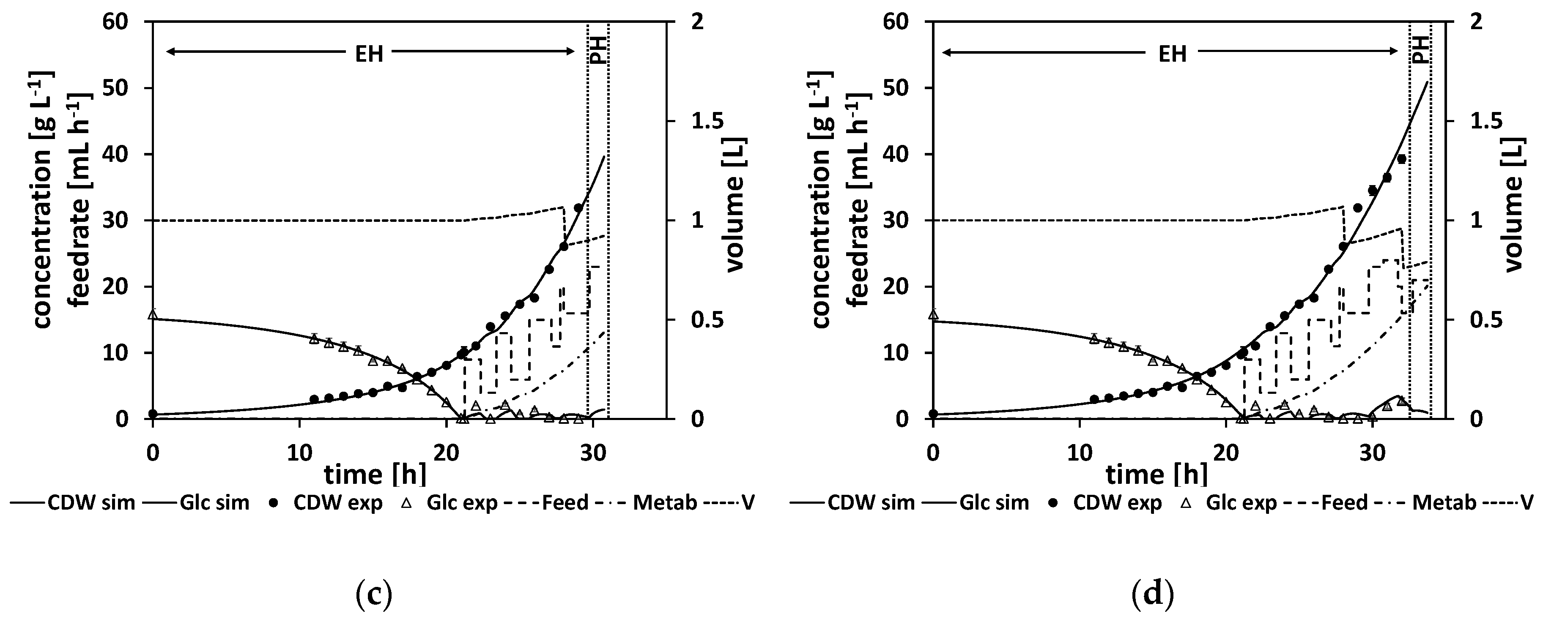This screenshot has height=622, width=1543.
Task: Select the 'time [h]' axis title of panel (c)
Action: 375,475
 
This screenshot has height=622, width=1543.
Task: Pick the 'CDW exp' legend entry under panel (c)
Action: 337,503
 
